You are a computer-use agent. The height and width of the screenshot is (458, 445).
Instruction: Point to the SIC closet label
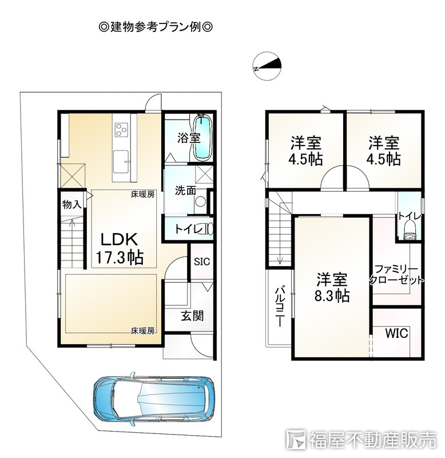201,262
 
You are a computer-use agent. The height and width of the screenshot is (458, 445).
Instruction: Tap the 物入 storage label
71,204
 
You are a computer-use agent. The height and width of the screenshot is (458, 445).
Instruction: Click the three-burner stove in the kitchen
121,130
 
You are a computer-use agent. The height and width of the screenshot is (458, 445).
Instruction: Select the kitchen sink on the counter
121,158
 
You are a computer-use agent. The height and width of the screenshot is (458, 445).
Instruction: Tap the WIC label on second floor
396,333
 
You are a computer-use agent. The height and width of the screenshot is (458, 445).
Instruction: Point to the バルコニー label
280,306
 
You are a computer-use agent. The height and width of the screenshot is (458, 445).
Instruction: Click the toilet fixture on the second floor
409,231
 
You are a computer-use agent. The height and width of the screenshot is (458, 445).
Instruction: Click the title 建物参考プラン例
156,27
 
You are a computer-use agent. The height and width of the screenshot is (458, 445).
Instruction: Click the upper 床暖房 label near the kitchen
142,195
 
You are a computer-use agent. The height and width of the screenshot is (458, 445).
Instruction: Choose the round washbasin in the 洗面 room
200,202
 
